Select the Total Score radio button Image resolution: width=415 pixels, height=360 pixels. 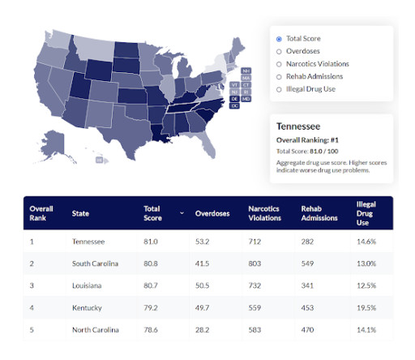pos(280,38)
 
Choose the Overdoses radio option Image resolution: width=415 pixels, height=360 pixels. pos(280,51)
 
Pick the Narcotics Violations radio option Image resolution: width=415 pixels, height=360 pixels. pos(280,64)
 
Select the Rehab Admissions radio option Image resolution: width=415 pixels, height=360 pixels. pos(280,77)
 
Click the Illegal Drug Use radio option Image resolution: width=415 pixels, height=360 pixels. pos(280,90)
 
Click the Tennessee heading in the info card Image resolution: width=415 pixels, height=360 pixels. pos(299,127)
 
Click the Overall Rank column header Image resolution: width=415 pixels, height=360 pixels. pos(41,213)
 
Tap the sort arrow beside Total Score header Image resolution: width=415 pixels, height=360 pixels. pos(182,213)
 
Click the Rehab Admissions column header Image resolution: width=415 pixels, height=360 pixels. pos(318,213)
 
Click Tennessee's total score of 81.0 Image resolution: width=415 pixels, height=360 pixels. pos(151,242)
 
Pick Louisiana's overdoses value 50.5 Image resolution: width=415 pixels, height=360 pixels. pos(205,285)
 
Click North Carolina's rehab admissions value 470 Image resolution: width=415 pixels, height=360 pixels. pos(308,330)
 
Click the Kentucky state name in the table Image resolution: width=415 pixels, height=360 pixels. pos(87,307)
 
